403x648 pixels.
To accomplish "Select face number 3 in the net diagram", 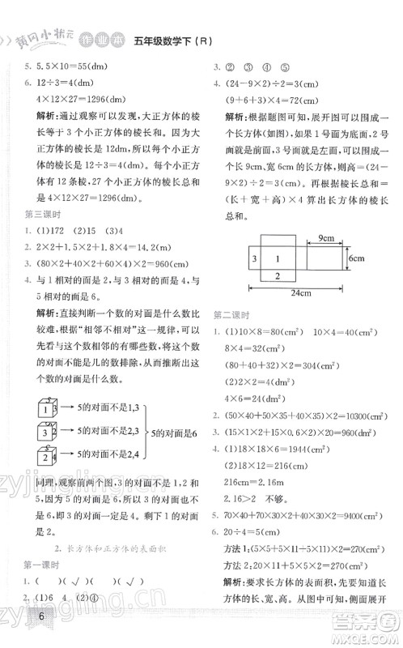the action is coord(254,257).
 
